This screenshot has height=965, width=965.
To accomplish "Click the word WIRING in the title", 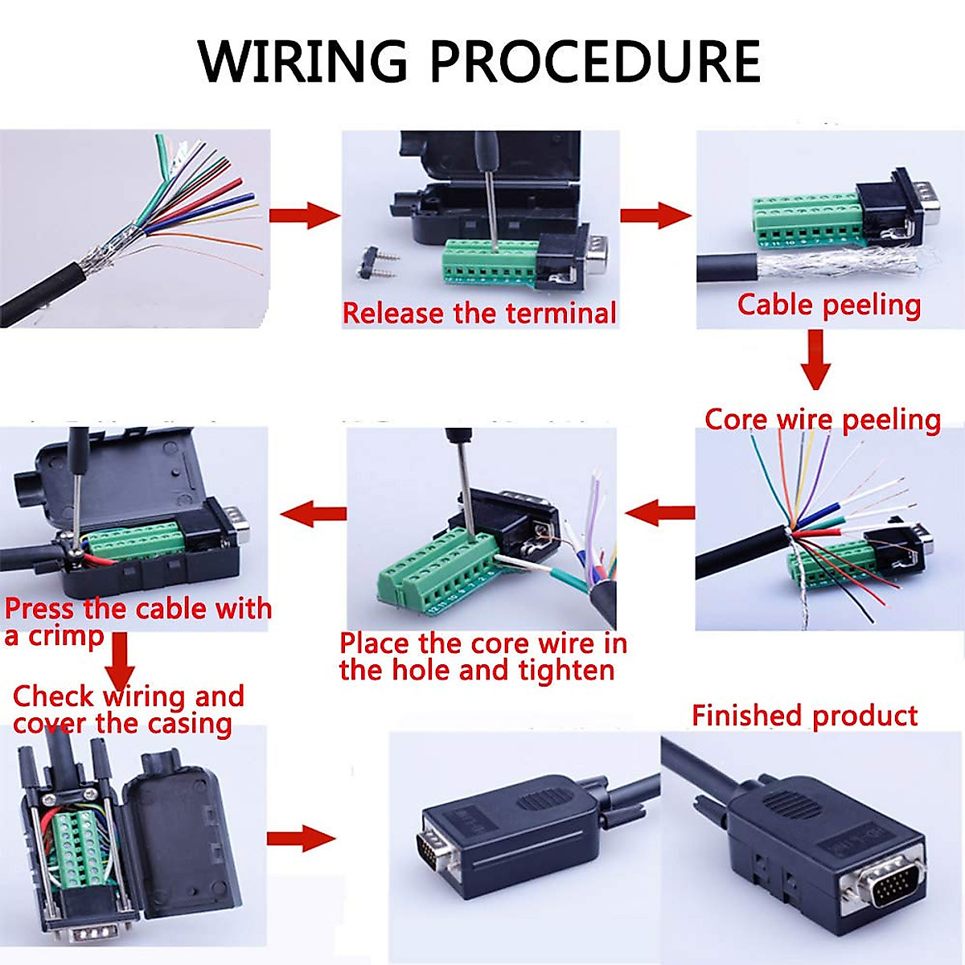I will point(303,61).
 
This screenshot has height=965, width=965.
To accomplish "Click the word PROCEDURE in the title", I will point(595,61).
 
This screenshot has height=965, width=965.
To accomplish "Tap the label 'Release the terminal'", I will point(479,312).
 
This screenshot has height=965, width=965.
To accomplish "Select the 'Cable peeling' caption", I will point(828,305).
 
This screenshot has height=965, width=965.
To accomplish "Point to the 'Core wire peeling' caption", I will point(822,419).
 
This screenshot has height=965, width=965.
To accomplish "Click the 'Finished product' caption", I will point(804,715).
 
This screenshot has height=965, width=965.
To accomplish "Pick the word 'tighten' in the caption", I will point(566,670).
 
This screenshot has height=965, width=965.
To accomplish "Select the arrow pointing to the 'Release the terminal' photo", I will point(304,216).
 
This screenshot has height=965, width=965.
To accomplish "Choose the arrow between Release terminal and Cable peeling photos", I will point(655,216).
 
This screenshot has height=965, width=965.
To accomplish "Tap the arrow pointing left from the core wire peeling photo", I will point(659,512).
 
